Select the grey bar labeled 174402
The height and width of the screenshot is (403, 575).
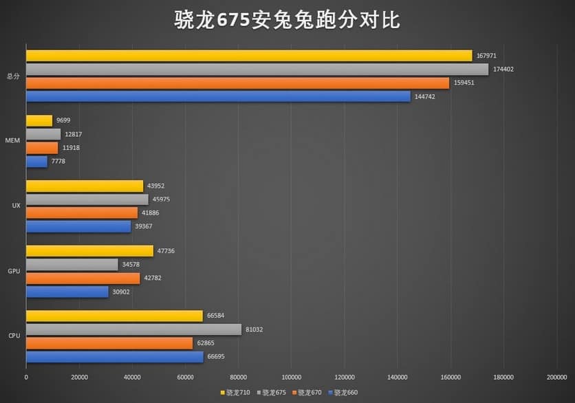click(257, 69)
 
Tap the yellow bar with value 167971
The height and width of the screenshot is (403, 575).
click(249, 56)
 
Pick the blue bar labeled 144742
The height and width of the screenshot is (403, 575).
click(218, 96)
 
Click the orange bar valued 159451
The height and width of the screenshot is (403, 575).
click(237, 83)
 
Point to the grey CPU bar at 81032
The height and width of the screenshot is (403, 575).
click(133, 329)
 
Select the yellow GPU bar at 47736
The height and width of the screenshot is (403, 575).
click(89, 251)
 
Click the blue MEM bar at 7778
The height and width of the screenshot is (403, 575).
click(36, 162)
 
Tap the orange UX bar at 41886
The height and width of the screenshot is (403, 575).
click(82, 213)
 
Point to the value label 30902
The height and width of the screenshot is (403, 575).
click(120, 292)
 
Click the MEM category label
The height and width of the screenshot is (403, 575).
click(12, 141)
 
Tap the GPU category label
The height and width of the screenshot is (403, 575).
click(13, 272)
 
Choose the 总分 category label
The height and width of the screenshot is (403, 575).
click(13, 76)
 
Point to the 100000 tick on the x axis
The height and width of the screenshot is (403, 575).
click(291, 378)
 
